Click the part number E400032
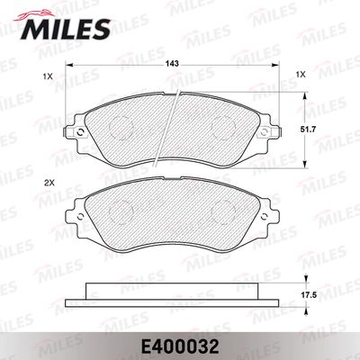(x=180, y=342)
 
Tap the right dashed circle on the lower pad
(x=222, y=213)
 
